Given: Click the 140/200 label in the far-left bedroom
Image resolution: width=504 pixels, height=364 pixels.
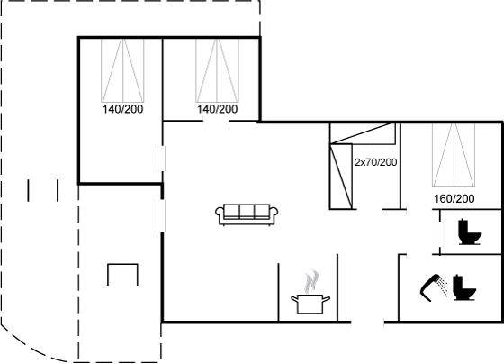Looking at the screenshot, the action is click(122, 109).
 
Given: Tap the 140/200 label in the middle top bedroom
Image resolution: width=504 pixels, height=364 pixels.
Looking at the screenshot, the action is click(217, 109).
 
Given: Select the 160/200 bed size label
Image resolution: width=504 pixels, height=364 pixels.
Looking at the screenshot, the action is click(454, 198).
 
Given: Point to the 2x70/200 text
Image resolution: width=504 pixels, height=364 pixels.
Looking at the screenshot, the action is click(376, 162).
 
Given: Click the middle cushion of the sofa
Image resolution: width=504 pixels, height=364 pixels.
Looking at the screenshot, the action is click(247, 212).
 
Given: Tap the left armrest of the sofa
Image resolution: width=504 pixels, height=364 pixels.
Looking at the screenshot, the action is click(220, 215).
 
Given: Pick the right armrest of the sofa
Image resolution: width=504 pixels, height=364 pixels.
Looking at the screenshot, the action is click(274, 215).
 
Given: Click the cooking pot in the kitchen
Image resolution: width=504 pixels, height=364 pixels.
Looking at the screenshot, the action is click(310, 304).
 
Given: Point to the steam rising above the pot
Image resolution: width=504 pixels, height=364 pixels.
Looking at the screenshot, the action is click(311, 281).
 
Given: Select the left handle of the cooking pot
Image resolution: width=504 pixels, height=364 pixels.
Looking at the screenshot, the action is click(294, 300).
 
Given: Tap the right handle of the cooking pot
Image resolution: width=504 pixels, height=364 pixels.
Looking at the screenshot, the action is click(326, 300).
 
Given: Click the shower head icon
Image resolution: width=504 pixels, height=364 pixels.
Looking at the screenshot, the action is click(429, 287).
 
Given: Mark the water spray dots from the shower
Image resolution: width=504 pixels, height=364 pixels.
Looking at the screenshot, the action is click(444, 287).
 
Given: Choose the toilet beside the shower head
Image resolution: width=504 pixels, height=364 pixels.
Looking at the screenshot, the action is click(464, 287).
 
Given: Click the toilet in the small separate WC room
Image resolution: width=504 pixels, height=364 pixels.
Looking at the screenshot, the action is click(470, 232).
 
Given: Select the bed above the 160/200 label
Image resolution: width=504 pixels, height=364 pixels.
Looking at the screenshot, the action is click(454, 155).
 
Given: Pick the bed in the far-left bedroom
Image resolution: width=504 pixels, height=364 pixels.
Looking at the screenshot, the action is click(122, 70).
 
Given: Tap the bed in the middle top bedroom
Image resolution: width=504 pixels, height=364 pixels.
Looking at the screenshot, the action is click(217, 70).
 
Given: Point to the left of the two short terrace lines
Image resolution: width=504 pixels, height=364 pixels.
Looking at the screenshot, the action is click(28, 190).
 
